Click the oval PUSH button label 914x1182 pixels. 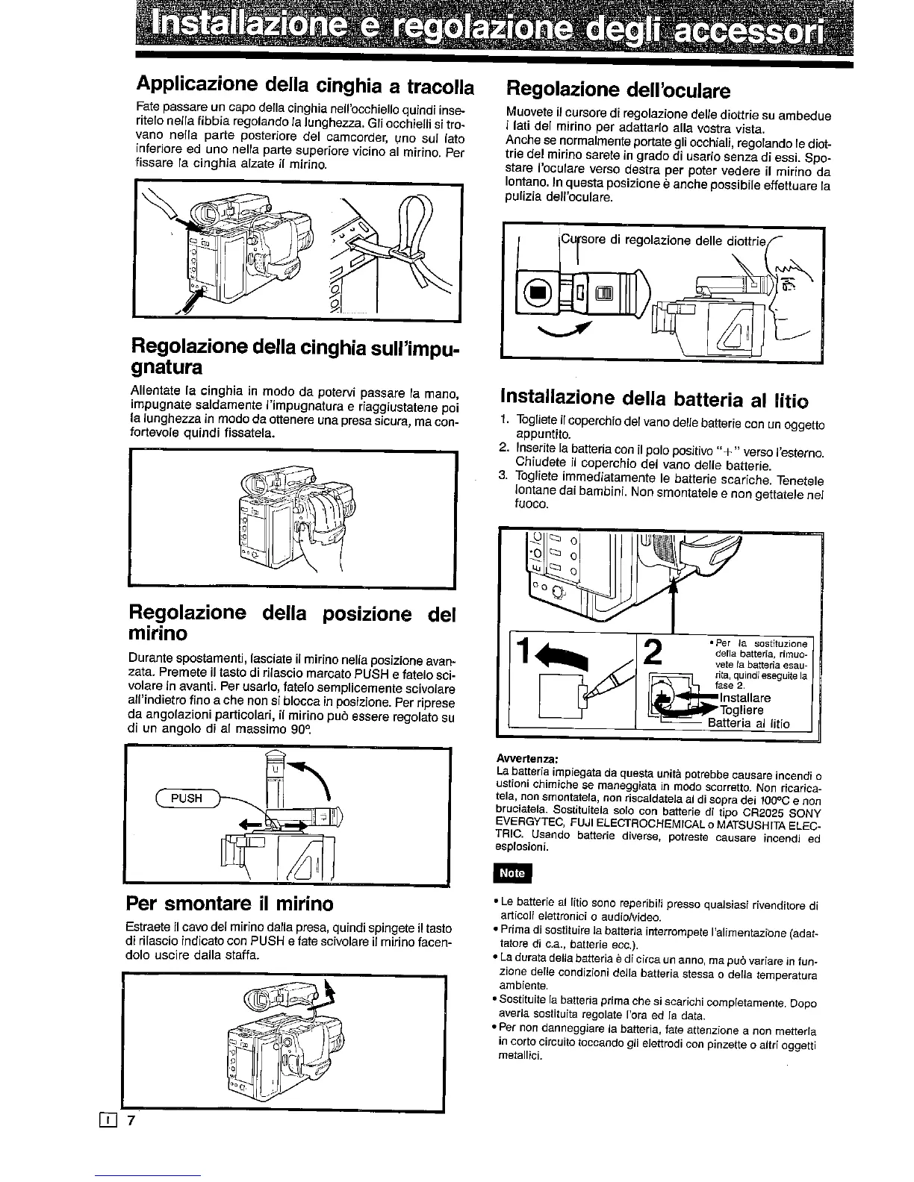click(x=187, y=798)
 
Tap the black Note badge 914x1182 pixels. click(x=512, y=872)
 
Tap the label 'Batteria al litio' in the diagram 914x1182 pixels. click(x=748, y=723)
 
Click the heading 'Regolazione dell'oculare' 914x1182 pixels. click(x=618, y=91)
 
